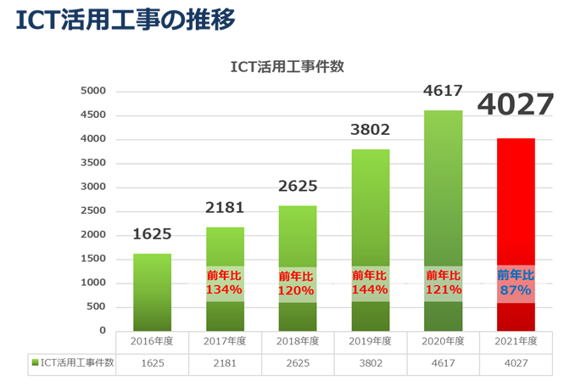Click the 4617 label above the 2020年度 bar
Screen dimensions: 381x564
(444, 92)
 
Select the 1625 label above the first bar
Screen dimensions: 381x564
(153, 235)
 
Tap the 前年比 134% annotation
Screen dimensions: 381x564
(225, 283)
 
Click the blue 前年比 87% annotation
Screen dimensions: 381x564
(516, 283)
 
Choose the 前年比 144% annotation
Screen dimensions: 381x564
(371, 283)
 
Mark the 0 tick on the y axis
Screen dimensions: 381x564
(102, 330)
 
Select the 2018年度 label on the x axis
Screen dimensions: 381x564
(298, 341)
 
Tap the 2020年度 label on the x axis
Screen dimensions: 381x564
(444, 341)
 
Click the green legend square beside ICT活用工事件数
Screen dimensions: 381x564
(35, 363)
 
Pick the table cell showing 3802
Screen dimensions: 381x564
(371, 363)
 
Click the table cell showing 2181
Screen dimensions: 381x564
(225, 363)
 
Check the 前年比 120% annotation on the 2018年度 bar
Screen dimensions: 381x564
(298, 283)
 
